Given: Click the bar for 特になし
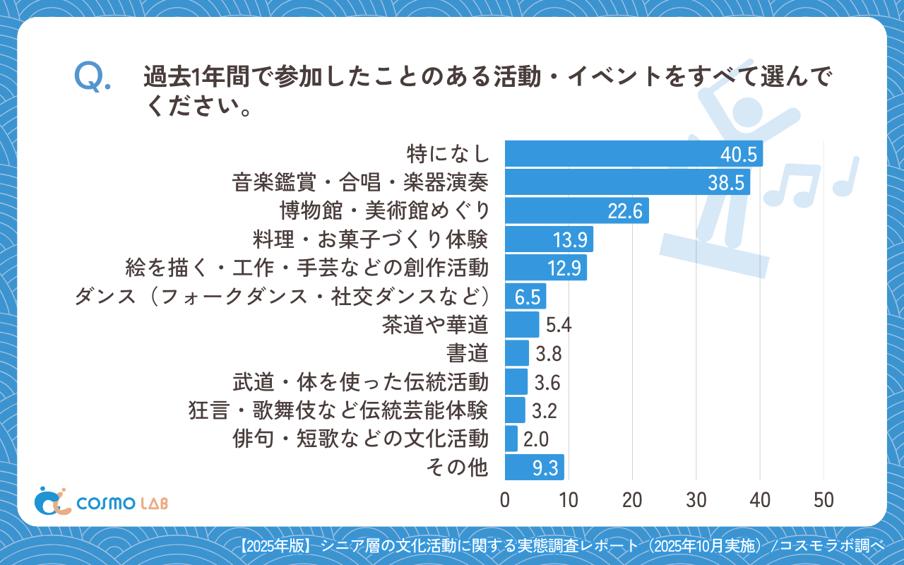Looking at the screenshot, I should tap(634, 154).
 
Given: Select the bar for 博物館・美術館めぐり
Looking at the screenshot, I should tap(576, 211).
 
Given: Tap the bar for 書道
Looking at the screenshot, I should tap(517, 353).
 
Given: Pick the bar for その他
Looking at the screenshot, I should tap(534, 467).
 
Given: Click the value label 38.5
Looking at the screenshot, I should tap(727, 183).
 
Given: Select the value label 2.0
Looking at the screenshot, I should tap(536, 439).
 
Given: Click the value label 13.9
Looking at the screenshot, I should tap(570, 240).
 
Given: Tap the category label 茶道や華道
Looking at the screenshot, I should tap(435, 325).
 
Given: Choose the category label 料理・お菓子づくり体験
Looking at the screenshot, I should tap(370, 239).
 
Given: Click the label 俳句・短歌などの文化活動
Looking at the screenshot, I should tap(360, 439).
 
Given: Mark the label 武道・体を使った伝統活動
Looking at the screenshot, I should tap(360, 382).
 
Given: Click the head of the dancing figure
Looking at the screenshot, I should tap(746, 112).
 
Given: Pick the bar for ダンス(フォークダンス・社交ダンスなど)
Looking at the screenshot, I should tap(525, 297).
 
